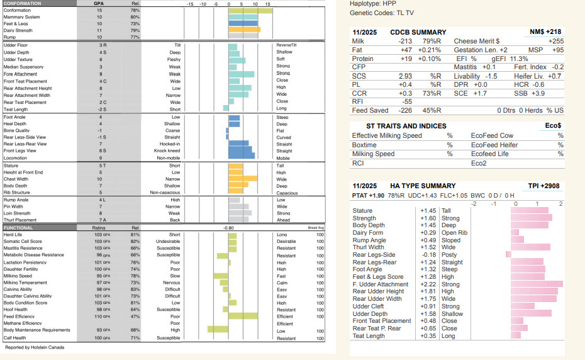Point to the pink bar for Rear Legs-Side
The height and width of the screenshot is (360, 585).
pyautogui.click(x=508, y=254)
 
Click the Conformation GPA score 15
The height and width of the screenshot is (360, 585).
pyautogui.click(x=99, y=11)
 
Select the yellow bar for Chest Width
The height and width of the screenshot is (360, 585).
pyautogui.click(x=242, y=179)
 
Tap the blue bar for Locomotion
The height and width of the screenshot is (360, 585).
pyautogui.click(x=242, y=157)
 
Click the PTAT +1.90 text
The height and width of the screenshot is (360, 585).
pyautogui.click(x=367, y=196)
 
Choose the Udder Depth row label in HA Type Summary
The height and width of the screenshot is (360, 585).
pyautogui.click(x=370, y=313)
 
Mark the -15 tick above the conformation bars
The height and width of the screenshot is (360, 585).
pyautogui.click(x=190, y=4)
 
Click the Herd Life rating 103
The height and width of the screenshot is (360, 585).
pyautogui.click(x=98, y=235)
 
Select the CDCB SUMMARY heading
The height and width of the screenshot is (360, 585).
pyautogui.click(x=418, y=31)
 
